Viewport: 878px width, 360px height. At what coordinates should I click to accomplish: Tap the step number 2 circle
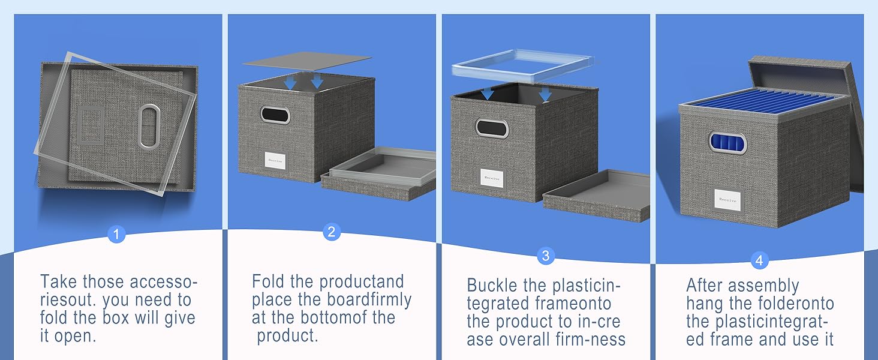click(332, 232)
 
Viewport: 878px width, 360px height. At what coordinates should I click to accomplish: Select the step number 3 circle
click(545, 256)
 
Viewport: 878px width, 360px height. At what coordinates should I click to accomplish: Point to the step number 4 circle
click(759, 260)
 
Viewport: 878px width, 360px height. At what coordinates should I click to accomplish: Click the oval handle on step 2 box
click(275, 115)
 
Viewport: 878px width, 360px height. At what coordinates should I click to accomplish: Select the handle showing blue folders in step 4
click(727, 143)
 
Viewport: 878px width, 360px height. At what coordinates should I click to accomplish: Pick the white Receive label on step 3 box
click(492, 178)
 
